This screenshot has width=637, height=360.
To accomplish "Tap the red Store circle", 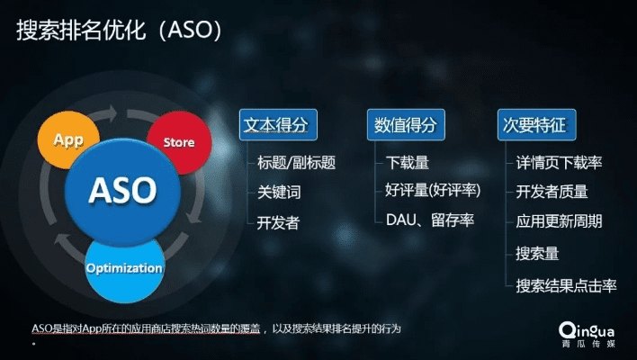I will pos(178,142).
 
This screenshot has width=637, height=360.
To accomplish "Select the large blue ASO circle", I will pos(122,190).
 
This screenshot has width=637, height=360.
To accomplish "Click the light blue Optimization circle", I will pos(124,268).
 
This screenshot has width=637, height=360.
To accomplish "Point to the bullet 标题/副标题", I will pos(296,163).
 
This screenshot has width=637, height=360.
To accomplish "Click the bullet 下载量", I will pos(407,163).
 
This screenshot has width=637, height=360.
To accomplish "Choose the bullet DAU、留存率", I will pos(429,220).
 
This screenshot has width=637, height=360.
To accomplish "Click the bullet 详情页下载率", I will pos(559,163).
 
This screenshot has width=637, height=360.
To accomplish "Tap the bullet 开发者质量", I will pos(552,192).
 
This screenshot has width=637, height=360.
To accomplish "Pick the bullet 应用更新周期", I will pos(559,221).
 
